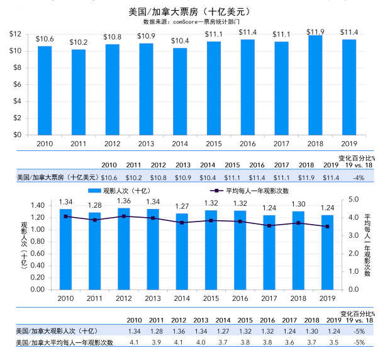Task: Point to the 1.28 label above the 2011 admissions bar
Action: tap(95, 205)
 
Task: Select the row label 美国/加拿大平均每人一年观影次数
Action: tap(65, 342)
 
